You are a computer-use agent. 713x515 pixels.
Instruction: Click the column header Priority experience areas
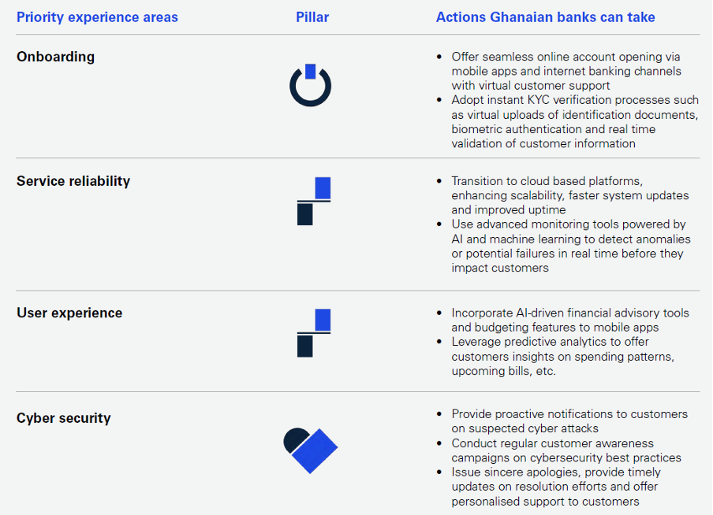pyautogui.click(x=97, y=17)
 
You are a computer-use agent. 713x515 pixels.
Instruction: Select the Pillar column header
pyautogui.click(x=312, y=17)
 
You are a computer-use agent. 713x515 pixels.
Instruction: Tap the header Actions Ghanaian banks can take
pyautogui.click(x=545, y=17)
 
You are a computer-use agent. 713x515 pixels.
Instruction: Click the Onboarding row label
pyautogui.click(x=55, y=57)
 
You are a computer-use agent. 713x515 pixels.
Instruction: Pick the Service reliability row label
pyautogui.click(x=73, y=181)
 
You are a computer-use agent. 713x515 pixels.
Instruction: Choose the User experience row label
pyautogui.click(x=69, y=313)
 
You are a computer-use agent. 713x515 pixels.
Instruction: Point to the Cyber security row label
pyautogui.click(x=64, y=418)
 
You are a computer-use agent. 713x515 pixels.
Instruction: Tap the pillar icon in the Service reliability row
pyautogui.click(x=314, y=201)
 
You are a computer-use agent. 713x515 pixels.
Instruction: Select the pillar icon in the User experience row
pyautogui.click(x=314, y=333)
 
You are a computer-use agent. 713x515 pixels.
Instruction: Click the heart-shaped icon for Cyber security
pyautogui.click(x=311, y=450)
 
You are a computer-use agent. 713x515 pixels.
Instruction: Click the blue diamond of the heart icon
pyautogui.click(x=315, y=451)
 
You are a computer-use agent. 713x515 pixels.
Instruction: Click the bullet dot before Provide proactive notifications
pyautogui.click(x=439, y=413)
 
